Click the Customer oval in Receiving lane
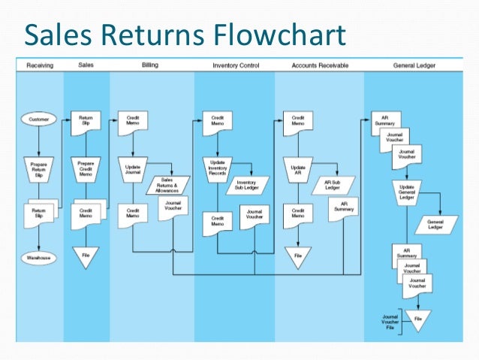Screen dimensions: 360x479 (38, 119)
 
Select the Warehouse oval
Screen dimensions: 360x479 (38, 259)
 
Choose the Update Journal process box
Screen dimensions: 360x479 (133, 166)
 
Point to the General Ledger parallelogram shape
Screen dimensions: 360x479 (435, 223)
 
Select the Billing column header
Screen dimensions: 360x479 (150, 65)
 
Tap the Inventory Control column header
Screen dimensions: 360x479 (236, 65)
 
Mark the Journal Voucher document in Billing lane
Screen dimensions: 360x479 (173, 211)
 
